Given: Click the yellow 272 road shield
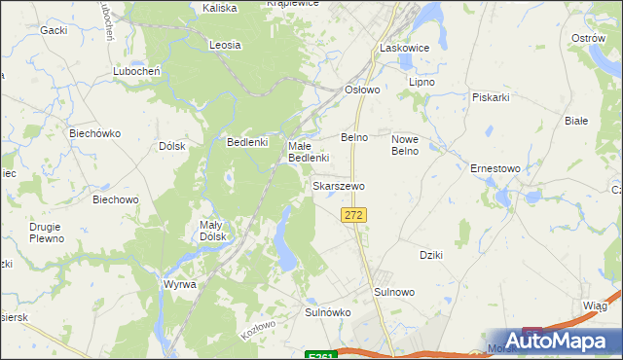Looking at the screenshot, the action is click(x=354, y=214).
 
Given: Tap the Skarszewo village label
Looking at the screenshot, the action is click(x=339, y=185).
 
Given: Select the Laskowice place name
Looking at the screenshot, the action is click(x=404, y=47).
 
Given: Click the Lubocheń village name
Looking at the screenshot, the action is click(x=135, y=71).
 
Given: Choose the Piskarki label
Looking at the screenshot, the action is click(x=491, y=97).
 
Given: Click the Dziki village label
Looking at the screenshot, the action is click(x=431, y=255).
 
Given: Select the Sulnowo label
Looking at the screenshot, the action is click(x=394, y=291).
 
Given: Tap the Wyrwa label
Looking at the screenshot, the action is click(x=180, y=284).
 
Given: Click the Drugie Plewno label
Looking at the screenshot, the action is click(x=46, y=233).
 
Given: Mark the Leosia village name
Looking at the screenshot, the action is click(x=225, y=45).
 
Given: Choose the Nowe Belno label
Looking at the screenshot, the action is click(x=404, y=144).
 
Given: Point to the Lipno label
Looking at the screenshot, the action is click(x=421, y=83).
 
